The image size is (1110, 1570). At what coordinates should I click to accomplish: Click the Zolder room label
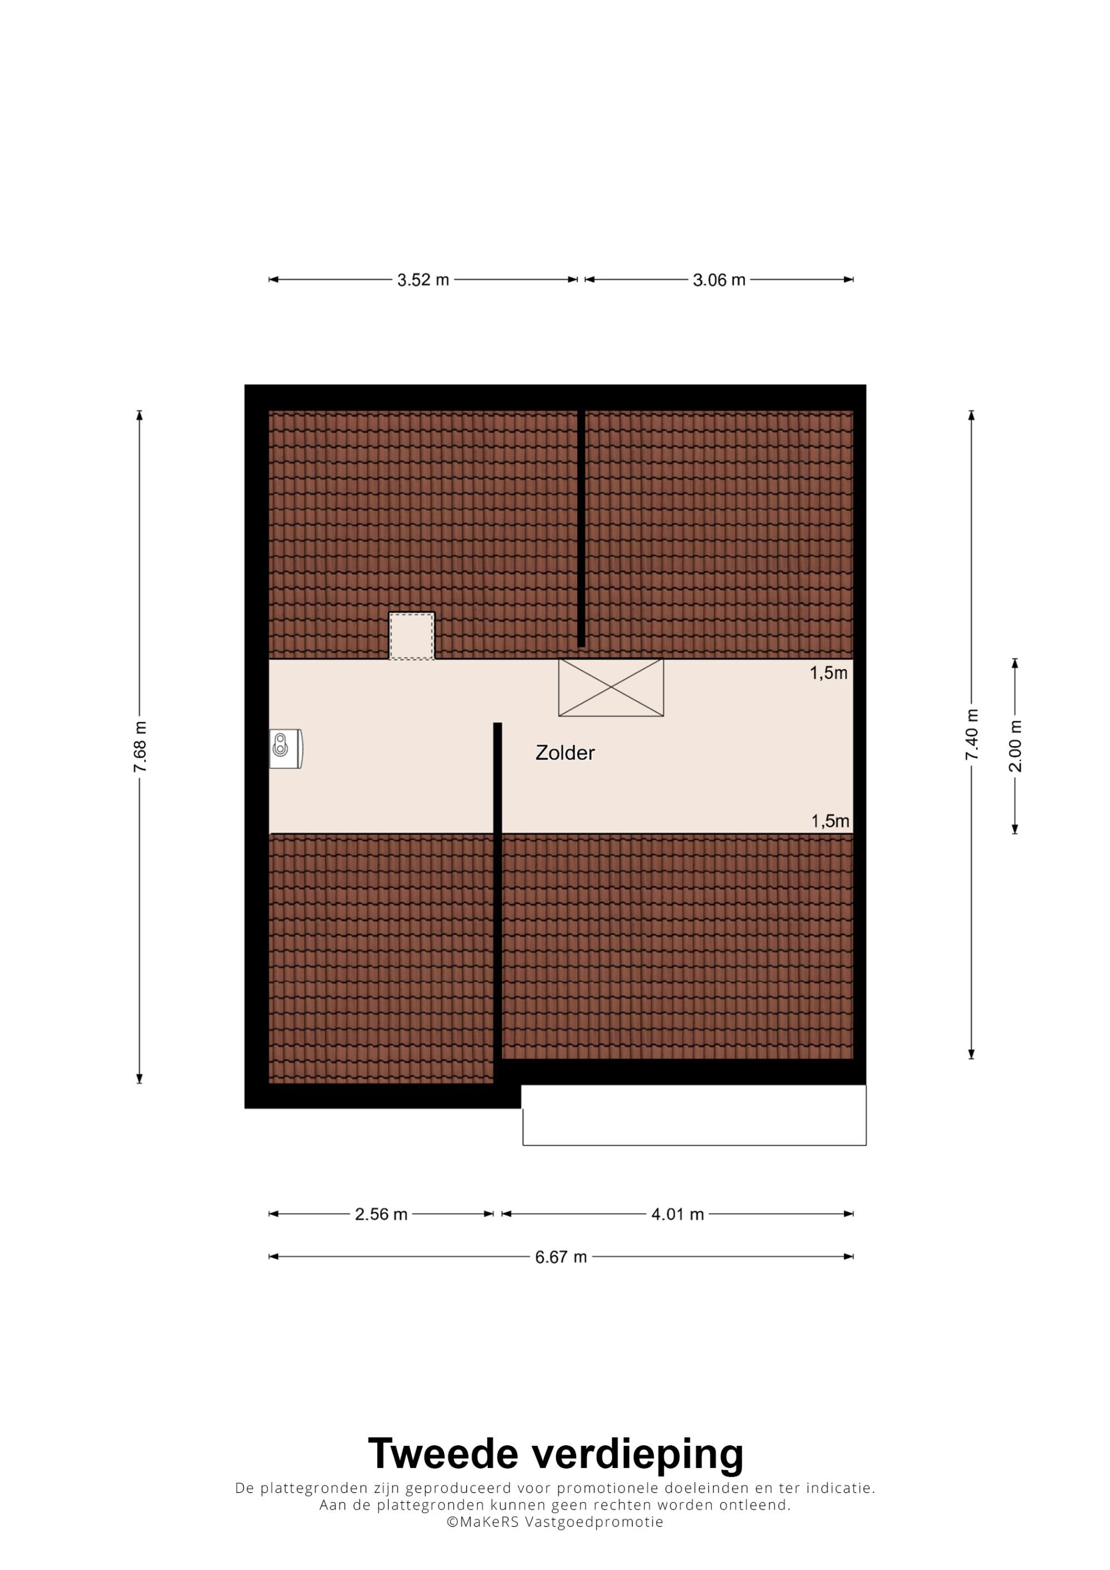(564, 753)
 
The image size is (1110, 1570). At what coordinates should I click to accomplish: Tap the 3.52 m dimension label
(423, 280)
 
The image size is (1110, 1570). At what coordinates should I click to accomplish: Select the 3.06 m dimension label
(719, 280)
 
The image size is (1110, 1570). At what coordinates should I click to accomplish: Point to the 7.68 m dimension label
(139, 747)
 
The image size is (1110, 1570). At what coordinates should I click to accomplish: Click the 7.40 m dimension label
(971, 735)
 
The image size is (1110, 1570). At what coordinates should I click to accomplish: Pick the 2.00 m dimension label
(1015, 746)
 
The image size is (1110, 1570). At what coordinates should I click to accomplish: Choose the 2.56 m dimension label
(381, 1214)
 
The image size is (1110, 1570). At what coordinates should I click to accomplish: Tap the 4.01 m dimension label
(677, 1214)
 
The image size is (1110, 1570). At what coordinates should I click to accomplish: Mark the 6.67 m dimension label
(561, 1257)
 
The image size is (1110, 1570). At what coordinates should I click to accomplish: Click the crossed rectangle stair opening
(610, 687)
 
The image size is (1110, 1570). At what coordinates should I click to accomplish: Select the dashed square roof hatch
(412, 636)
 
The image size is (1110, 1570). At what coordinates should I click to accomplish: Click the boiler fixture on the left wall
(286, 749)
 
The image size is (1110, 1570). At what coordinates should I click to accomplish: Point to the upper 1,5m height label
(829, 673)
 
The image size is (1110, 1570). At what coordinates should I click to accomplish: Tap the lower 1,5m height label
(830, 821)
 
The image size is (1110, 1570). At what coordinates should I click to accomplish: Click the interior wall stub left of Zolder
(498, 778)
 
